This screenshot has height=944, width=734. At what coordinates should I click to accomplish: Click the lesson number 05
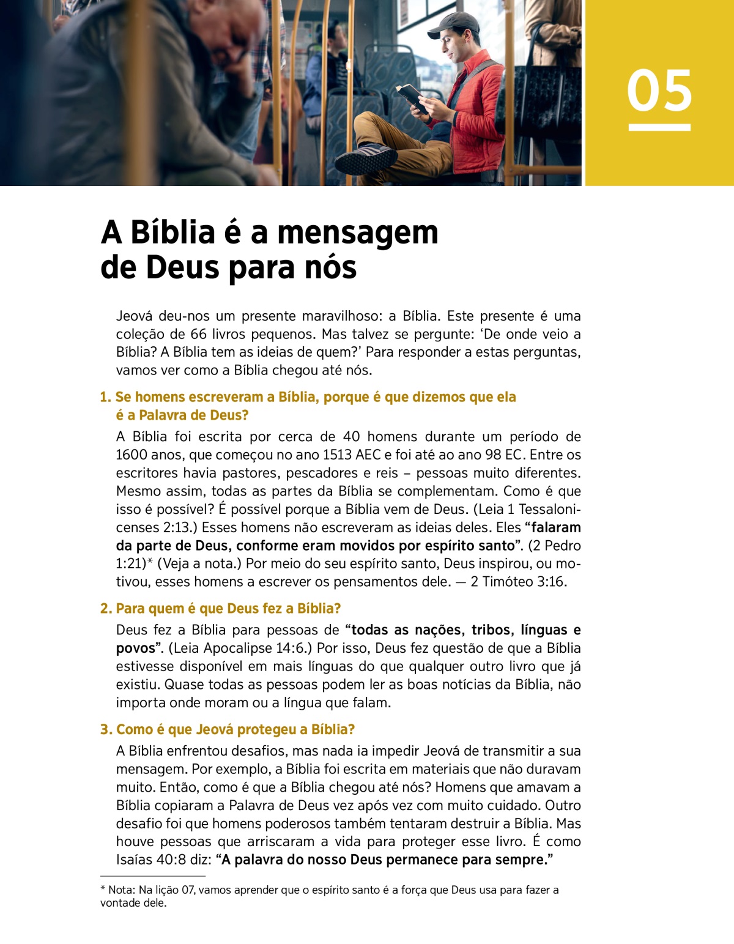[x=659, y=91]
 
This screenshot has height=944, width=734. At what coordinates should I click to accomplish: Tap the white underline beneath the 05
[x=659, y=127]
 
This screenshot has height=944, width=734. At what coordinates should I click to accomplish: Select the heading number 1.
[x=105, y=397]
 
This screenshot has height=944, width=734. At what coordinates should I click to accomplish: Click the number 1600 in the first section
[x=132, y=455]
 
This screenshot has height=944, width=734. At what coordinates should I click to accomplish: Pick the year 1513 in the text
[x=338, y=455]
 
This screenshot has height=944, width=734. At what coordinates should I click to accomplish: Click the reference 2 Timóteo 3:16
[x=518, y=582]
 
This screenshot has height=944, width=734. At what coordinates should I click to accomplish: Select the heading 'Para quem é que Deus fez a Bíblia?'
[x=228, y=609]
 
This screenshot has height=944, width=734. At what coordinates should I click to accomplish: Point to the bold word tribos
[x=491, y=630]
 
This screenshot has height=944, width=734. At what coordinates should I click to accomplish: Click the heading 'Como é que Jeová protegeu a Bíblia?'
[x=235, y=729]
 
